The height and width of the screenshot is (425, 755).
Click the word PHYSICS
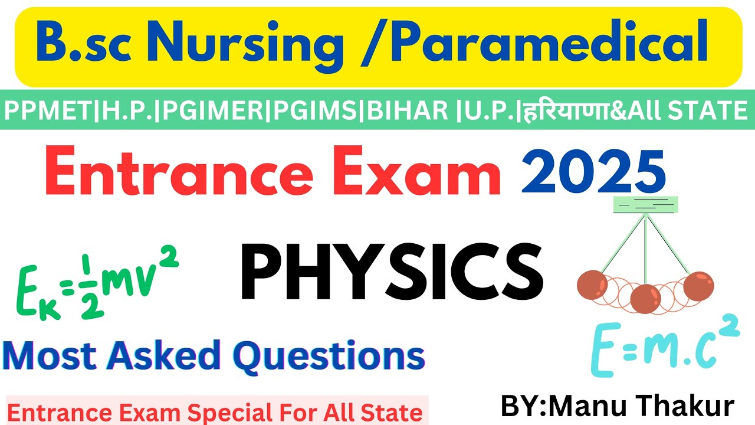pyautogui.click(x=392, y=273)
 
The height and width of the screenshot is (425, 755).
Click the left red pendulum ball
pyautogui.click(x=592, y=285)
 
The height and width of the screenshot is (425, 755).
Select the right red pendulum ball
pyautogui.click(x=698, y=286)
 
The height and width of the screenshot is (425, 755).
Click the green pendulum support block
pyautogui.click(x=646, y=204)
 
